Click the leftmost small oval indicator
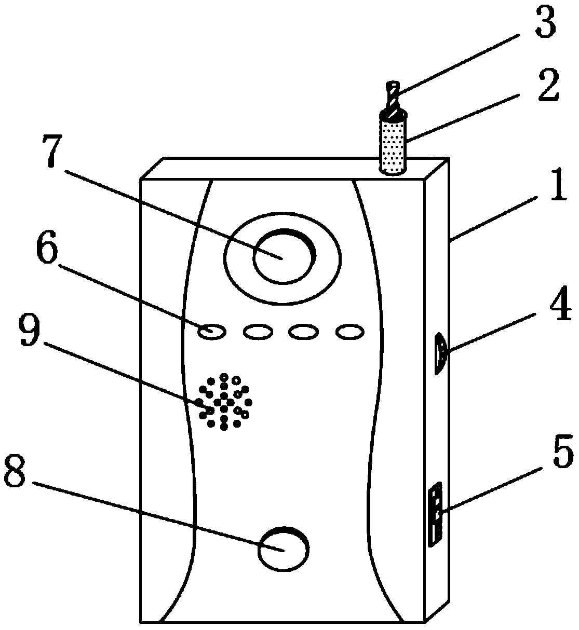[212, 331]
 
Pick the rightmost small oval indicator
[350, 331]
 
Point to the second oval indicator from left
[258, 331]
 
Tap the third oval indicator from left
[303, 331]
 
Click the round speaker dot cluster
[224, 402]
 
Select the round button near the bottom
[283, 549]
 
